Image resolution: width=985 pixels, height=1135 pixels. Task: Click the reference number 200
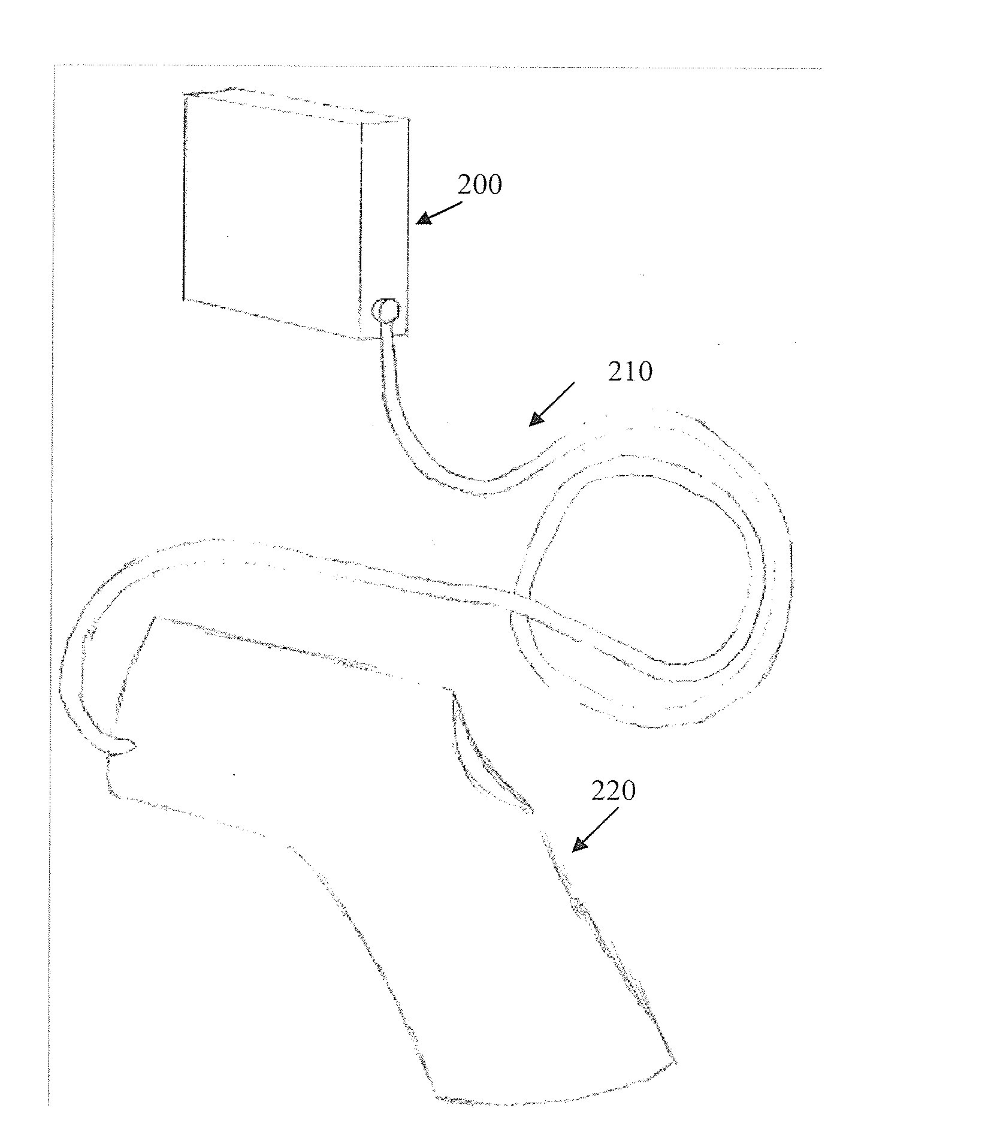(x=479, y=185)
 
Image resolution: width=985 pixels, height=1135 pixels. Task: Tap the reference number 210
(x=630, y=372)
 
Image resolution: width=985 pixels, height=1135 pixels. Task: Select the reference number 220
(x=613, y=792)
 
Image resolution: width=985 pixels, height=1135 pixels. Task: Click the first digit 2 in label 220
(x=599, y=792)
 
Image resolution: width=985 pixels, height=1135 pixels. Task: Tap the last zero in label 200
(x=494, y=185)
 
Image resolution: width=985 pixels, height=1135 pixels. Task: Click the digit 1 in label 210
(x=630, y=372)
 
